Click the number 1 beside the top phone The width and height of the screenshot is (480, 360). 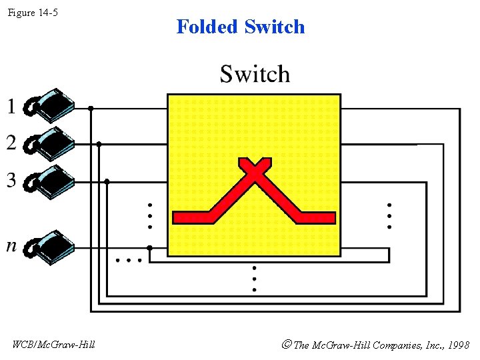click(x=11, y=106)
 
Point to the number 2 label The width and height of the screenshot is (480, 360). click(x=11, y=142)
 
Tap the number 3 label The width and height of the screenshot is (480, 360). click(x=11, y=180)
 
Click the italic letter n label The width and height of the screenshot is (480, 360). click(x=11, y=246)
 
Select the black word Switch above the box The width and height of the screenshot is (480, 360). click(x=255, y=74)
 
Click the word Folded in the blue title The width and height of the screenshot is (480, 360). click(x=207, y=27)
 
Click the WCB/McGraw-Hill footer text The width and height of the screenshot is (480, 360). click(x=54, y=345)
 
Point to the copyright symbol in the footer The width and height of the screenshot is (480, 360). click(x=286, y=345)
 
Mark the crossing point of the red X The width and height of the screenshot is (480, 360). click(x=254, y=171)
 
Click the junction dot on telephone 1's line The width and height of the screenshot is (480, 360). click(x=91, y=107)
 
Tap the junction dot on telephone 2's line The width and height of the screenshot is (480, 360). click(x=99, y=143)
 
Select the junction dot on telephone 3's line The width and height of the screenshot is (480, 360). click(x=107, y=181)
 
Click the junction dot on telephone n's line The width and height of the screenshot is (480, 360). click(x=149, y=247)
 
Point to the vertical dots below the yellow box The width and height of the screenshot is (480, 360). click(x=254, y=279)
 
